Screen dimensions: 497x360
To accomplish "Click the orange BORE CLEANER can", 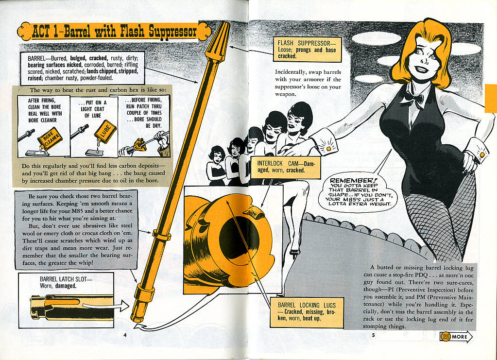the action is [x=50, y=139].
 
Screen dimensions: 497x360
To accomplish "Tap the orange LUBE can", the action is [x=105, y=132].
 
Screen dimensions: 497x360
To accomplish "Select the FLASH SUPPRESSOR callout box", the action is [x=307, y=49].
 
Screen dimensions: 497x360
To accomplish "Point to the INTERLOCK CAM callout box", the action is [x=285, y=167].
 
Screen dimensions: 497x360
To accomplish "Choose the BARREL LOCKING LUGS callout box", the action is [x=307, y=312].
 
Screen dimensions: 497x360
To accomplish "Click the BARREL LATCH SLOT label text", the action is [x=66, y=282].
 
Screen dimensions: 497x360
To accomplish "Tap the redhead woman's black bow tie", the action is [x=411, y=99].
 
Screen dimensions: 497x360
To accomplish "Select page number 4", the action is [x=125, y=335].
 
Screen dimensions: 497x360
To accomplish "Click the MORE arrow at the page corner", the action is [x=456, y=337].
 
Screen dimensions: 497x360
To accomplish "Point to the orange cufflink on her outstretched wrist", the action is [x=328, y=148].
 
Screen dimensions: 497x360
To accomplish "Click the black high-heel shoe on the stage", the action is [x=295, y=252].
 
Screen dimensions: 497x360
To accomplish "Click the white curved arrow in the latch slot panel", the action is [x=106, y=306].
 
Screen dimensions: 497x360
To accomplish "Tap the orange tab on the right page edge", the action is [x=491, y=98].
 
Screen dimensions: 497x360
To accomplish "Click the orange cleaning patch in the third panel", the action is [x=139, y=145].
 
